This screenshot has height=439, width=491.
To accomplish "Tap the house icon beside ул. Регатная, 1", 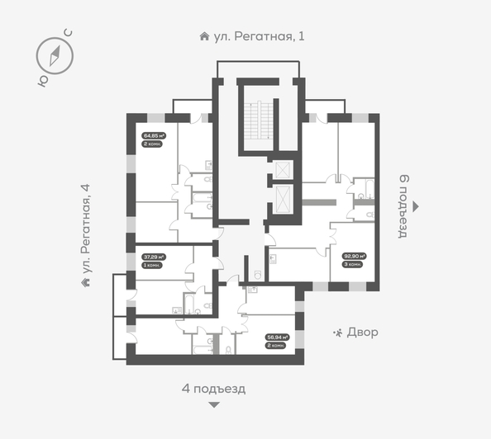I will [x=204, y=36].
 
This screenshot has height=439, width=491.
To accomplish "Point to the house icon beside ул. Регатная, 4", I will [x=85, y=282].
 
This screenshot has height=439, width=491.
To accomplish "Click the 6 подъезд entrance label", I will [x=404, y=205].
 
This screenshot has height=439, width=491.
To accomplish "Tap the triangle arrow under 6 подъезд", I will [x=417, y=206].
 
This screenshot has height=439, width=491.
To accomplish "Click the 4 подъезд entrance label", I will [x=214, y=388].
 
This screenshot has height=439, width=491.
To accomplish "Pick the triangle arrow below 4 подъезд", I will [x=214, y=404].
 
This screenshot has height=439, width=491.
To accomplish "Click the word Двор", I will [x=363, y=333].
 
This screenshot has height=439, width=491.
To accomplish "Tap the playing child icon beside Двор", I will [x=338, y=333].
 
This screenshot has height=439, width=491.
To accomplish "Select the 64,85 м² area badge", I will [x=154, y=135].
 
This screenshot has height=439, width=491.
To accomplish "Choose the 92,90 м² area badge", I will [x=354, y=257].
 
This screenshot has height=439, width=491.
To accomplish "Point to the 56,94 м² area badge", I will [x=276, y=338].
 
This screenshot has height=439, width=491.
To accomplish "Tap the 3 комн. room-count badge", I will [x=354, y=264].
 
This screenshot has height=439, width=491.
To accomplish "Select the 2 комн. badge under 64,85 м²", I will [x=152, y=144].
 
